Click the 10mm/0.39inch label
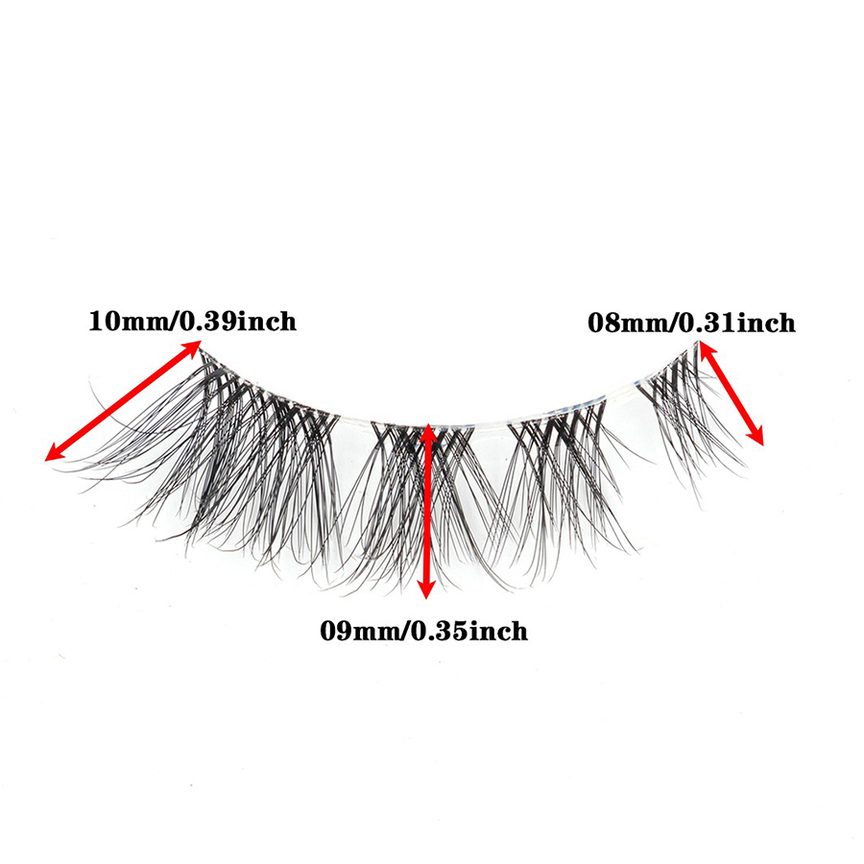coord(192,321)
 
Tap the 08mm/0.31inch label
coord(691,324)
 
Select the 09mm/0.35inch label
coord(423,631)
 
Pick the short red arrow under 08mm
coord(732,394)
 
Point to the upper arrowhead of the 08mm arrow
coord(705,351)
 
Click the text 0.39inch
coord(240,321)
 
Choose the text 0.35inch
coord(471,631)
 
